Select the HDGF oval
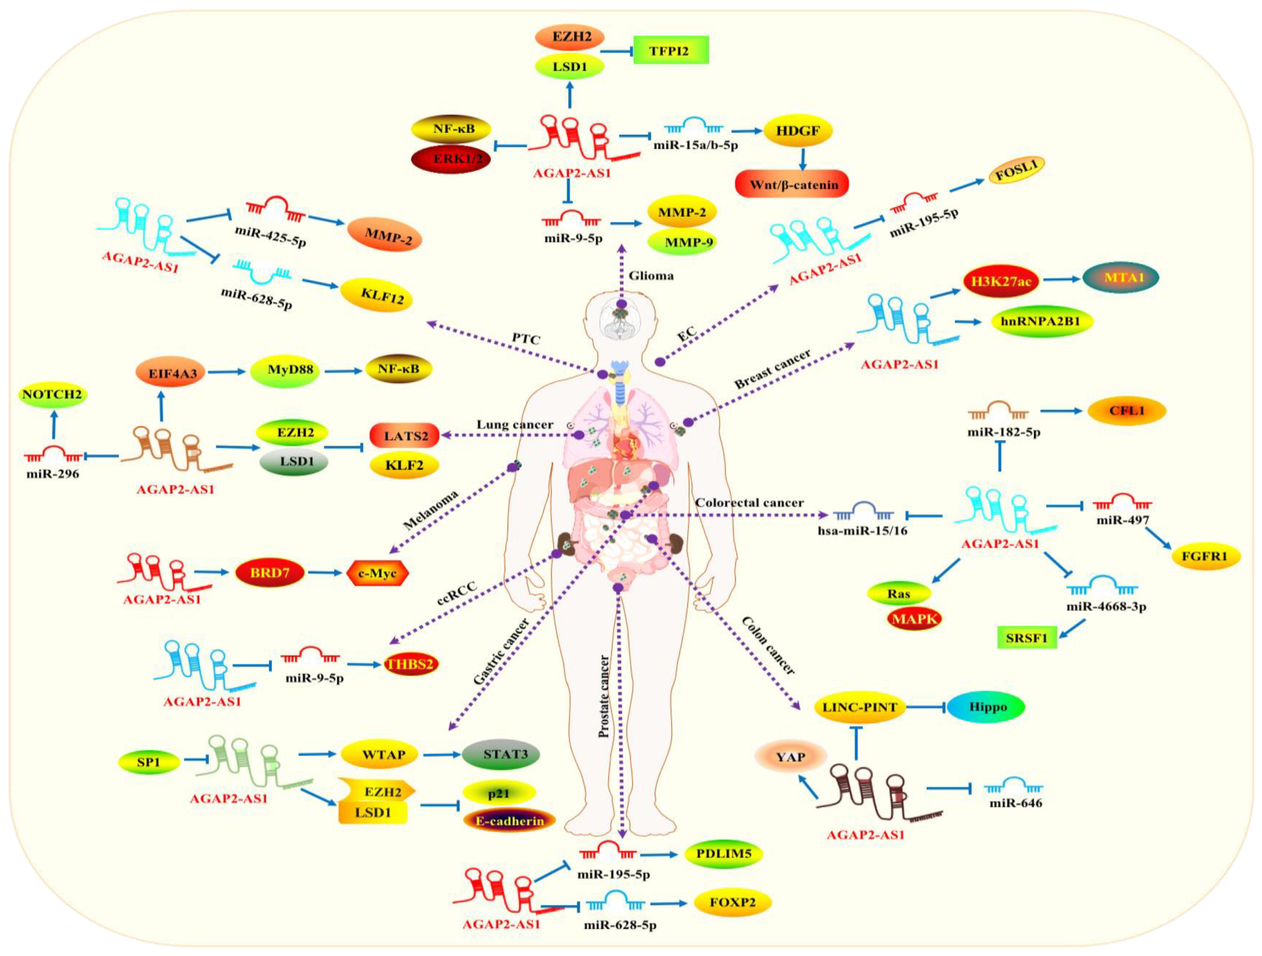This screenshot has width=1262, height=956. [798, 131]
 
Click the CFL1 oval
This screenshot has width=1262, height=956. [1126, 411]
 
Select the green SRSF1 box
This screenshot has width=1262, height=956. [1026, 638]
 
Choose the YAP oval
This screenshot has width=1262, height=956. [790, 757]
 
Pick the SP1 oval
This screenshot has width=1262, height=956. [148, 762]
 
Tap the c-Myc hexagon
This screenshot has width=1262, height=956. [377, 573]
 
